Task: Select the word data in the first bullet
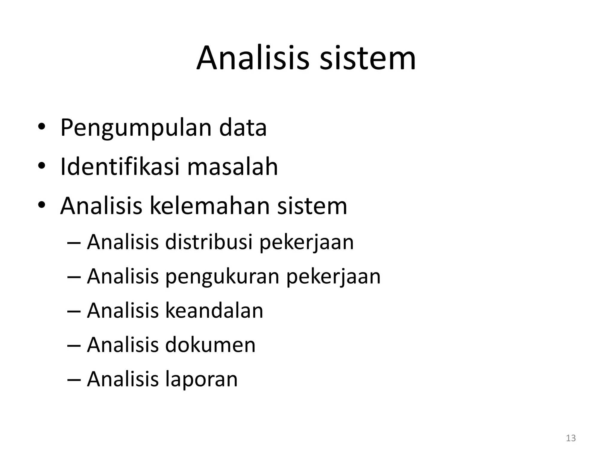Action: [243, 128]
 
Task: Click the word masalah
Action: [233, 166]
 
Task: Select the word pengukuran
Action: [222, 277]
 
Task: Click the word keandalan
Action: [214, 310]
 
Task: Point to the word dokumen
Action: [210, 345]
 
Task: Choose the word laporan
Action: [201, 379]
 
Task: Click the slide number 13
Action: [571, 438]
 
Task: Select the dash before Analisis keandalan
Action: [74, 311]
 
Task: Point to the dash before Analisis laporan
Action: [74, 380]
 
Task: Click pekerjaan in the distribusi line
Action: [306, 242]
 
